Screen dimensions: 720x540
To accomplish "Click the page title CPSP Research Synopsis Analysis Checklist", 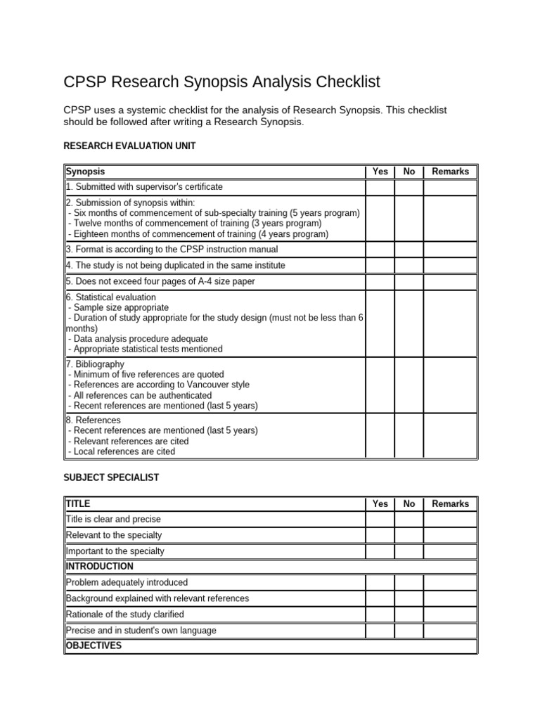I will point(221,82).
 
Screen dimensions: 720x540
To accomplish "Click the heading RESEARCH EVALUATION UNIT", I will point(129,146).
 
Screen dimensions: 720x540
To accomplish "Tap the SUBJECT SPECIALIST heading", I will point(111,477).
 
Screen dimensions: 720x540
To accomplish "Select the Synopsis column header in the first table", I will point(85,172).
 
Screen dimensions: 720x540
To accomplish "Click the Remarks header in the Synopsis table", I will point(450,172).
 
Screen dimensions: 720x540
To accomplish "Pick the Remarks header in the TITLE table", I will point(450,503).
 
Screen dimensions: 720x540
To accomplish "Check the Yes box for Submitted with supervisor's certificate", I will point(380,187).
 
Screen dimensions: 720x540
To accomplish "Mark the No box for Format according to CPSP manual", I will point(409,250).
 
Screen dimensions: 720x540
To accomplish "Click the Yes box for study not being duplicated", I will point(380,266).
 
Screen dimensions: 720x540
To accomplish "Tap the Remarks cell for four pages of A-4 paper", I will point(450,281).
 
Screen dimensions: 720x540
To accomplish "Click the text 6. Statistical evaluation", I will point(110,297).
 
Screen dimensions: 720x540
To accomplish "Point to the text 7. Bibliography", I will point(95,364).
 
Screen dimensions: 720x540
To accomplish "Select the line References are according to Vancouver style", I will point(158,385).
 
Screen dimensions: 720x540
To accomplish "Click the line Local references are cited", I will point(122,451).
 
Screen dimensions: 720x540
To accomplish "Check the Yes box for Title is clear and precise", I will point(380,520).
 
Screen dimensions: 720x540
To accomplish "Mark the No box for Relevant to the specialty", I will point(409,536).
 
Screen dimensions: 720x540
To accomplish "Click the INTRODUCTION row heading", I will point(99,566).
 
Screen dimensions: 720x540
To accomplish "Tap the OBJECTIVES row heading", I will point(94,645).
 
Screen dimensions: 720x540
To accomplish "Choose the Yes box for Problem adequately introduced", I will point(380,582).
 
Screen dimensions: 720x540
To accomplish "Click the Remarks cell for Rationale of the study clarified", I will point(450,615).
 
